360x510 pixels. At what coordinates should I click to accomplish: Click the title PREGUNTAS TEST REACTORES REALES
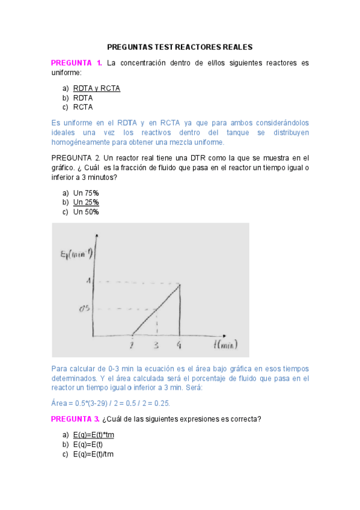(180, 47)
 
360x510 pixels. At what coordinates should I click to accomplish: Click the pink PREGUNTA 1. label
(76, 63)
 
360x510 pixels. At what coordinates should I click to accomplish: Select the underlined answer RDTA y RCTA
(97, 88)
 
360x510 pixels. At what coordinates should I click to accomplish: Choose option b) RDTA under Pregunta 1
(83, 98)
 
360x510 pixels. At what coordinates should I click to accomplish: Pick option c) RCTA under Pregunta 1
(83, 108)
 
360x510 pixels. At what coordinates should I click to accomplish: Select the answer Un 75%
(86, 192)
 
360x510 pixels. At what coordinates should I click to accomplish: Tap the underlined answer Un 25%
(86, 202)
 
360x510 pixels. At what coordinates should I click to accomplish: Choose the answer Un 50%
(86, 212)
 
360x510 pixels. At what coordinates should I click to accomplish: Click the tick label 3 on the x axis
(156, 345)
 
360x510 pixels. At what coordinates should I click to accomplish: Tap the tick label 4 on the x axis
(180, 345)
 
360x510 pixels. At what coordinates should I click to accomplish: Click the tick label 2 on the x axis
(132, 345)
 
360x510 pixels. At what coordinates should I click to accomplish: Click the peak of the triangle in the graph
(180, 284)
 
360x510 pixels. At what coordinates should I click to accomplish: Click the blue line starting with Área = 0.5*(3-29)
(111, 404)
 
